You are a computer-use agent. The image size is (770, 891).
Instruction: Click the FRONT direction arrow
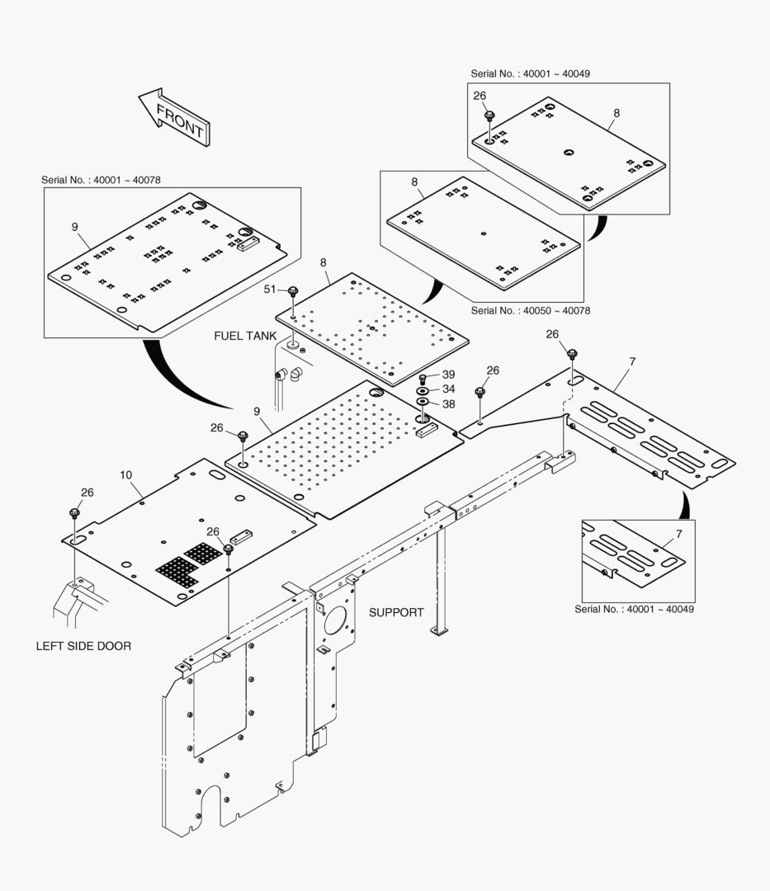click(x=174, y=118)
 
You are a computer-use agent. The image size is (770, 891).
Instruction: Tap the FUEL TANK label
click(x=245, y=336)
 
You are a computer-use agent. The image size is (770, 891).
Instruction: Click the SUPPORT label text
click(x=396, y=612)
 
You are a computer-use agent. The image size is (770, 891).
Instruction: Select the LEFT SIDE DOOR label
click(x=83, y=646)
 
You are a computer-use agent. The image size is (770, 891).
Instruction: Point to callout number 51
click(x=270, y=289)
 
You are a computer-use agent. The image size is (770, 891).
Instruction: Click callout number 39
click(x=448, y=375)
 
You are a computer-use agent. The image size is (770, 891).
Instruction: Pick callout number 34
click(x=448, y=389)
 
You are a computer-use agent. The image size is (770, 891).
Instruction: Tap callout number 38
click(x=448, y=403)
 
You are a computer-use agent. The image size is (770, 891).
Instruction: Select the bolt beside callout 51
click(x=293, y=290)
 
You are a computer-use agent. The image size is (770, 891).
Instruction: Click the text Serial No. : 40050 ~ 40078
click(x=531, y=311)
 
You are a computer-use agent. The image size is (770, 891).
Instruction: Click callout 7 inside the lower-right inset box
click(x=678, y=534)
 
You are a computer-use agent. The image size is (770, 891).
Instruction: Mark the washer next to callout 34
click(x=423, y=389)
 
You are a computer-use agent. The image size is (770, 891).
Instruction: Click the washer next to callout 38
click(x=423, y=402)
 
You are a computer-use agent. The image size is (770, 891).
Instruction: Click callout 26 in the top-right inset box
click(x=479, y=96)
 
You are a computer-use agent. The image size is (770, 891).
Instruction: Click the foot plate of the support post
click(x=440, y=631)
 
